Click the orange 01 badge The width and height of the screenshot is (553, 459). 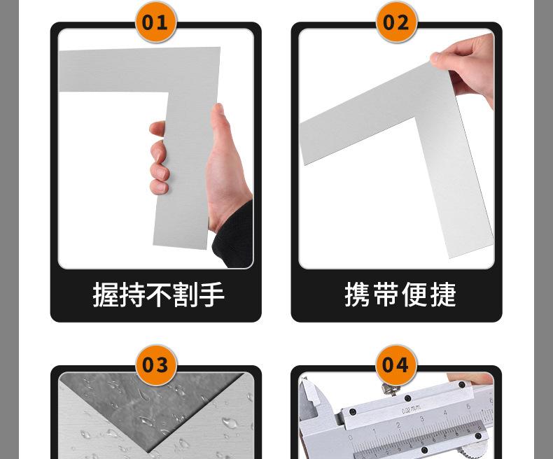pyautogui.click(x=155, y=22)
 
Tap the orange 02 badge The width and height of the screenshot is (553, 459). pyautogui.click(x=396, y=22)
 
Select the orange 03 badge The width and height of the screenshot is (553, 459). pyautogui.click(x=155, y=365)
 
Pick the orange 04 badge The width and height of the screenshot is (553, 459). pyautogui.click(x=396, y=365)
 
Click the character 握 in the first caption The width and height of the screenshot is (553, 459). pyautogui.click(x=106, y=295)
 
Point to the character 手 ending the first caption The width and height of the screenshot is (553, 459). pyautogui.click(x=211, y=295)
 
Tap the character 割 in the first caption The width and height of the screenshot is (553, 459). pyautogui.click(x=185, y=295)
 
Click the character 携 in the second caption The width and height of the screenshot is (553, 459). pyautogui.click(x=357, y=295)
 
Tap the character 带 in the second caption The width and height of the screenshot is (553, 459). pyautogui.click(x=386, y=295)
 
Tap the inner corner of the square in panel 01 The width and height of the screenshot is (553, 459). pyautogui.click(x=169, y=92)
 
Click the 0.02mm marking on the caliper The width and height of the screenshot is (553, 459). pyautogui.click(x=411, y=410)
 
